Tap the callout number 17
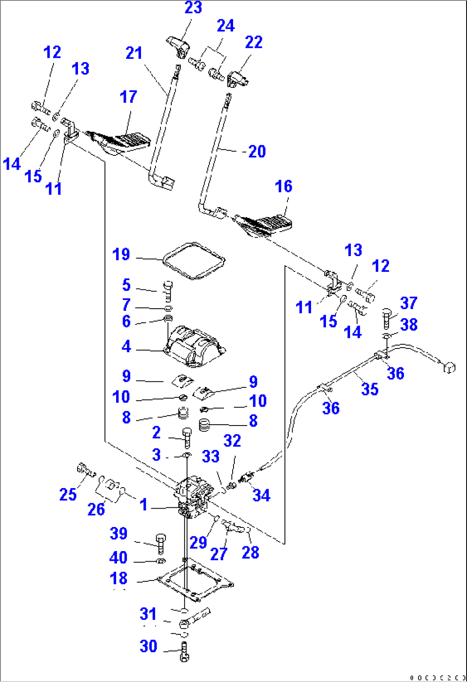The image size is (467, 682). [128, 97]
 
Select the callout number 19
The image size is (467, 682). [121, 254]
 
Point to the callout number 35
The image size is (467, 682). [370, 389]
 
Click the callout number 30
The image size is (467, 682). [148, 646]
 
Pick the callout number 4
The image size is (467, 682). [126, 346]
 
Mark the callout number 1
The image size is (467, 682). [144, 505]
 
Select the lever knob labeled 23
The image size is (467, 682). [178, 47]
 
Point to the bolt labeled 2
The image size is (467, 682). [187, 438]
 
